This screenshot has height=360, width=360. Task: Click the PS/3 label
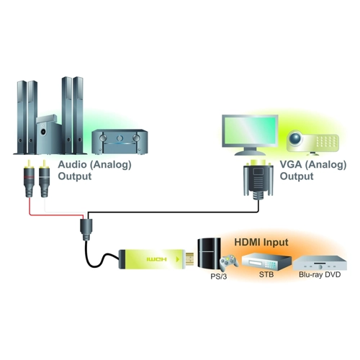coord(218,276)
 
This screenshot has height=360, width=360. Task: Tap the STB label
coord(266,274)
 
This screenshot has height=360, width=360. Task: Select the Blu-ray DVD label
coord(320,274)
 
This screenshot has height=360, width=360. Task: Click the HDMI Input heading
coord(261,242)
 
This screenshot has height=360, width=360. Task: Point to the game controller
coord(229,262)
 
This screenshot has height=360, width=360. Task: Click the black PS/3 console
coord(209,253)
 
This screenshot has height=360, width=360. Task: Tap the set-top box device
coord(266,261)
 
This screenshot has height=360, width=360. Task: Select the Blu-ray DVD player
coord(320,263)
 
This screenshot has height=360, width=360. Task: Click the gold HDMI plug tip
coord(190,260)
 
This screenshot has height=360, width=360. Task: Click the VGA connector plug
coord(258,179)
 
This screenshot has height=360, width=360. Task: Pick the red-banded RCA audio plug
coord(29,179)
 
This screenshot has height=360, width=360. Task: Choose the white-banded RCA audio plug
coord(44,179)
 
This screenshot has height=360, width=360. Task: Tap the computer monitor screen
coord(250,130)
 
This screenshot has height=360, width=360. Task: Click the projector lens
coord(295,138)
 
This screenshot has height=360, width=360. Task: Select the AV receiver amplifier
coord(120,142)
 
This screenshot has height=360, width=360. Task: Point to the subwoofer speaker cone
coord(43,132)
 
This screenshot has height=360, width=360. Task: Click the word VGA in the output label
coord(291,164)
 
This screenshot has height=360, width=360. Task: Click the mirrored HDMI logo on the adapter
coord(156,259)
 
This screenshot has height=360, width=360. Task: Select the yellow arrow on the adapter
coord(178,259)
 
